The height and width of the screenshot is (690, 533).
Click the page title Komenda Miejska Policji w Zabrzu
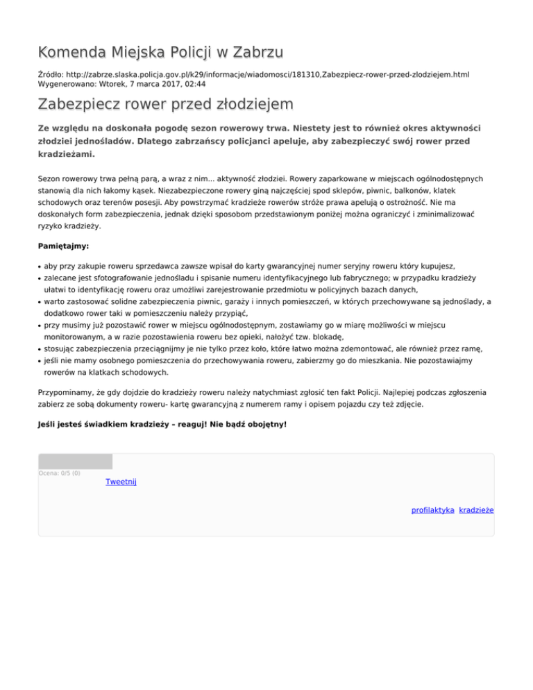160,52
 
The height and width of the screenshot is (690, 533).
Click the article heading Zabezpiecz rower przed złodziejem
165,104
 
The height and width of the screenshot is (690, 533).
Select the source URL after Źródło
269,73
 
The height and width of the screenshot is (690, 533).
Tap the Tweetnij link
121,482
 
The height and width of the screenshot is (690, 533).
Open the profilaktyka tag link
433,510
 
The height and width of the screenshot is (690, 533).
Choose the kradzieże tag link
476,510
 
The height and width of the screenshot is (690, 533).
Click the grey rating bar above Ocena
75,462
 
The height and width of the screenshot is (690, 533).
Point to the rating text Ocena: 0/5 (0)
59,473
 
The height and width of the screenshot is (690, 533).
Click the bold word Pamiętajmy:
63,246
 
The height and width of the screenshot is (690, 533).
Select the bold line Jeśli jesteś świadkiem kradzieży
161,423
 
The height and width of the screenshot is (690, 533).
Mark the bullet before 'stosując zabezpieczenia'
40,350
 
